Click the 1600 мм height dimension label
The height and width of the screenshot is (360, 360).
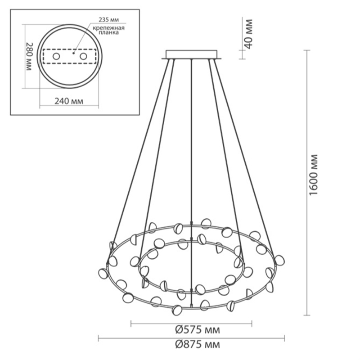314,175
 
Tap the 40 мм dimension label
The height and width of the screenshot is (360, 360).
248,34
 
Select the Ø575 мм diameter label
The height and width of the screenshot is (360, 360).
198,330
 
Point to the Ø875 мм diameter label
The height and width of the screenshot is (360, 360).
198,344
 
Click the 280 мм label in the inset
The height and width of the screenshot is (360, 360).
29,57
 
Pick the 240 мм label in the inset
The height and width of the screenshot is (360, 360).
69,101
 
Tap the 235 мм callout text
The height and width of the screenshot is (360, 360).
109,20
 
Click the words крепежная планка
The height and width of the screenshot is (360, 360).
108,30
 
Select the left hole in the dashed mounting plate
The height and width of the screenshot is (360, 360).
56,56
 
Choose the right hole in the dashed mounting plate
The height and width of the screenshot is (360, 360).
83,56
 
